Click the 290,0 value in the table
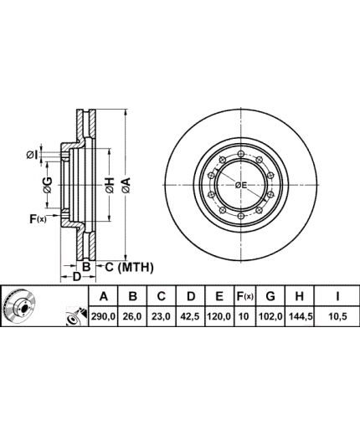click(103, 316)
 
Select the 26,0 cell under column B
click(133, 316)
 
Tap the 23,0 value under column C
click(162, 316)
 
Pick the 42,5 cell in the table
click(191, 316)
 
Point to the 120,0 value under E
click(219, 316)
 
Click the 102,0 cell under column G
click(270, 316)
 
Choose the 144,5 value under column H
click(300, 316)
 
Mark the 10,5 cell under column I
click(338, 316)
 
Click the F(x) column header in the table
click(244, 296)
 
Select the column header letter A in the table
click(104, 296)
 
